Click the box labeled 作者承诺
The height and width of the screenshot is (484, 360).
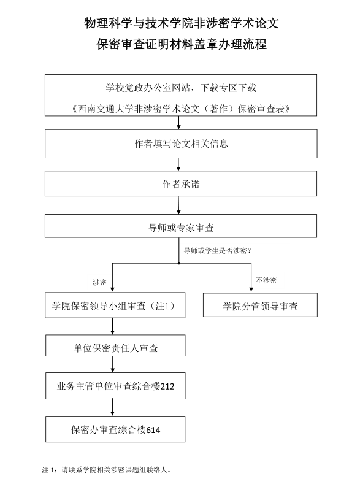coord(181,183)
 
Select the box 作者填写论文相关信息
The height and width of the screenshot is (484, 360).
coord(181,144)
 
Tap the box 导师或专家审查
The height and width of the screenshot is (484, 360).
coord(181,226)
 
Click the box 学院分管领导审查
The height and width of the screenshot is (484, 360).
coord(260,305)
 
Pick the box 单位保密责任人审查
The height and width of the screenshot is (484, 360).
coord(115,345)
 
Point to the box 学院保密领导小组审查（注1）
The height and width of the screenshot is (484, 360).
coord(115,305)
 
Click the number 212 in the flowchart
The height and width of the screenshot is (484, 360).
coord(167,386)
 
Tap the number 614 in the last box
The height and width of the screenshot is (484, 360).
coord(153,430)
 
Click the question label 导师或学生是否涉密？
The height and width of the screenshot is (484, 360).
coord(218,251)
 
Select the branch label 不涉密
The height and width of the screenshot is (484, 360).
coord(266,280)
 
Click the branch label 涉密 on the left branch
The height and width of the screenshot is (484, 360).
coord(99,282)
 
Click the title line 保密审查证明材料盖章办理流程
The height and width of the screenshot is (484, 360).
coord(182,44)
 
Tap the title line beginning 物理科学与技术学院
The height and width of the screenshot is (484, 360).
coord(182,23)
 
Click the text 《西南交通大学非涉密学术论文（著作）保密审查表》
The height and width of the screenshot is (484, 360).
coord(181,109)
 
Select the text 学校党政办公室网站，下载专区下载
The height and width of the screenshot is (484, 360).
coord(181,88)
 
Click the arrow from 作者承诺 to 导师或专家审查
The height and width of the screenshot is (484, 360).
coord(178,206)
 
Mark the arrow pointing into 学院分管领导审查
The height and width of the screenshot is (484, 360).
coord(251,277)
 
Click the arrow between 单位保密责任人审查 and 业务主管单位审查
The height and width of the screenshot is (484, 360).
coord(113,364)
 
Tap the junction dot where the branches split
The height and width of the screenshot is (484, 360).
coord(179,263)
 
